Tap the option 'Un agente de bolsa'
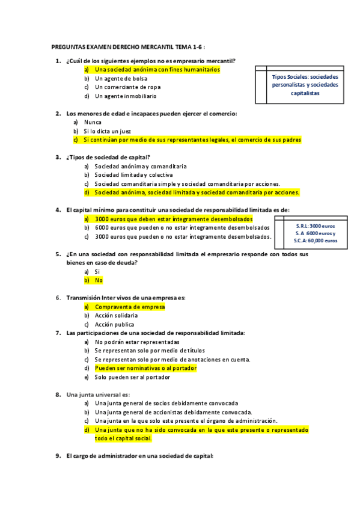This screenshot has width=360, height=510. coord(121,78)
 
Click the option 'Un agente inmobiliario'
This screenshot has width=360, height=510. coord(126,96)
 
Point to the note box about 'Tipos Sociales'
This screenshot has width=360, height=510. coord(305,85)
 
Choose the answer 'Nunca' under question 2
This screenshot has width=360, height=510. coord(93,122)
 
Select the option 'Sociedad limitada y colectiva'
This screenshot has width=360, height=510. coord(133,175)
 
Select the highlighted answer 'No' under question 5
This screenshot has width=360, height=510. coord(99,280)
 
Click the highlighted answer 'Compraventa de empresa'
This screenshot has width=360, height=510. coord(129,307)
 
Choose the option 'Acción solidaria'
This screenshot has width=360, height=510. coord(116,315)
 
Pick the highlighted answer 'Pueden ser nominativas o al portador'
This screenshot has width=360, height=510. coord(146,368)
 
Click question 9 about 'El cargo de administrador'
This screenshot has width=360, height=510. coord(139,456)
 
